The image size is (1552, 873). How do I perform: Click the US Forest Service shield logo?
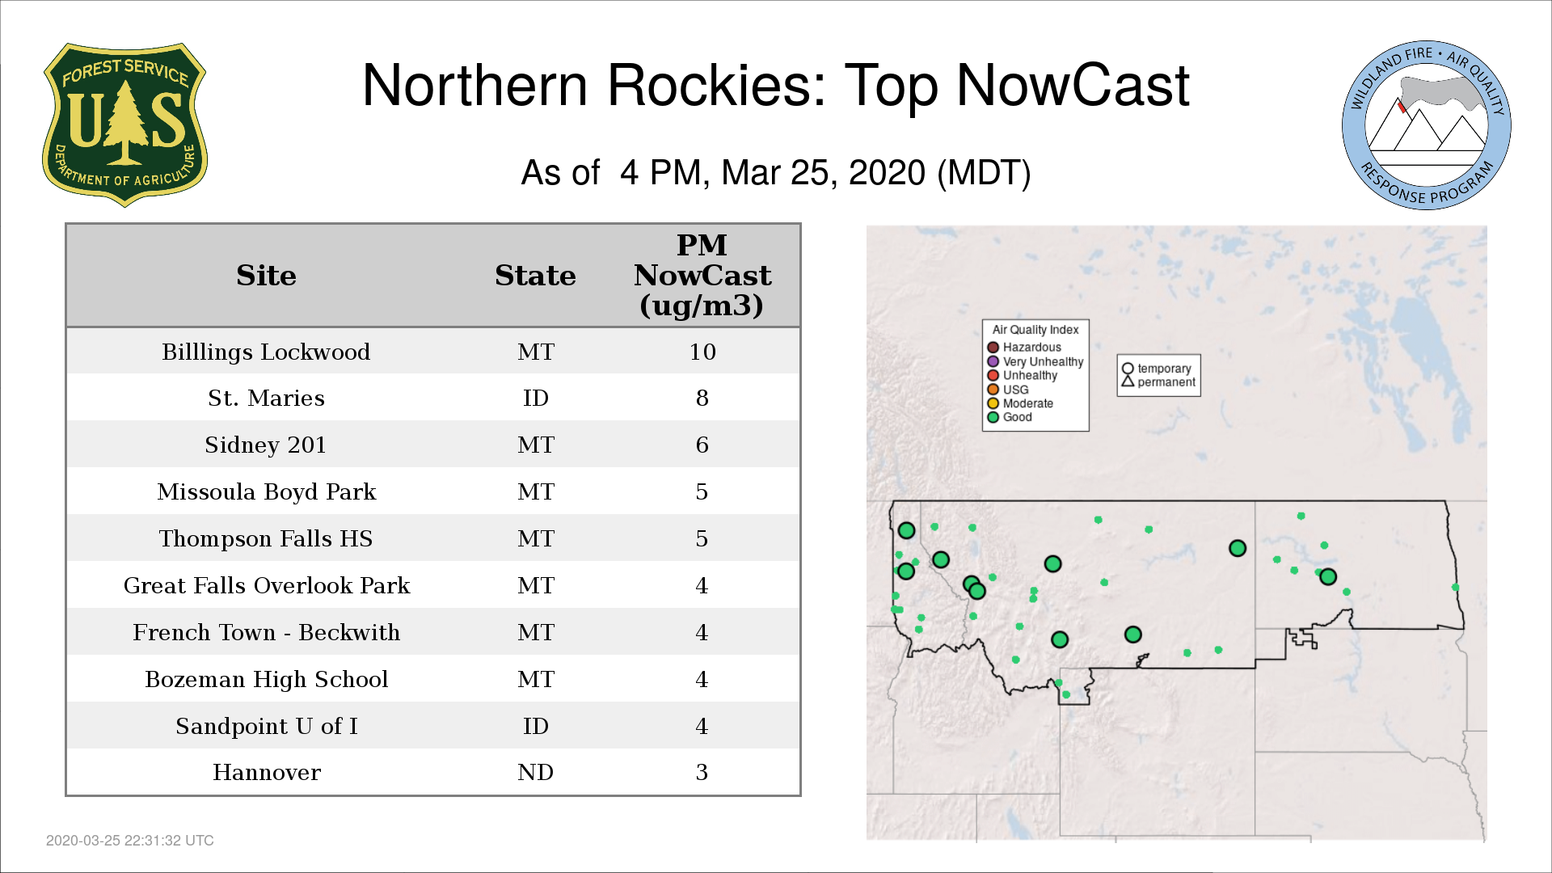124,125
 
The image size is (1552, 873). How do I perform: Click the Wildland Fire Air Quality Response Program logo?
1427,125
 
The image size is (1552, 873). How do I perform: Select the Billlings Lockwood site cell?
266,352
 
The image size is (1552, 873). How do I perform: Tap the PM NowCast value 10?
702,352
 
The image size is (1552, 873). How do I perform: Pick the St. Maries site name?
266,398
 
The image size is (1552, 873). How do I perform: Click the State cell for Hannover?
535,772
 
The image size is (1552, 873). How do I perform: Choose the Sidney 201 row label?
266,445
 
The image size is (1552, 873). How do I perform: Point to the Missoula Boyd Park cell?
267,491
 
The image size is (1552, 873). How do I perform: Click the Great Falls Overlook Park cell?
267,585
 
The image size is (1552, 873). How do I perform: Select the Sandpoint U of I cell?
267,726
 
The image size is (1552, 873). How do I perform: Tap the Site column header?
266,276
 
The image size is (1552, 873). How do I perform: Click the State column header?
535,276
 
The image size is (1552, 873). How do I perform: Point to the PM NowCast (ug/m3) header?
702,275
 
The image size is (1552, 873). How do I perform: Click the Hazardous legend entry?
1024,348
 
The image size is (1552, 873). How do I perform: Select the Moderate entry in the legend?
1020,403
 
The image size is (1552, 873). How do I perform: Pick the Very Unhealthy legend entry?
1035,361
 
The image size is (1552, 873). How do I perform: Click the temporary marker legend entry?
1157,369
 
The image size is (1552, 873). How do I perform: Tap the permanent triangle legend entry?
1158,382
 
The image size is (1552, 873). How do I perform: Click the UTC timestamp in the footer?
130,841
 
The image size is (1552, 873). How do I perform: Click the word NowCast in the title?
1073,85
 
